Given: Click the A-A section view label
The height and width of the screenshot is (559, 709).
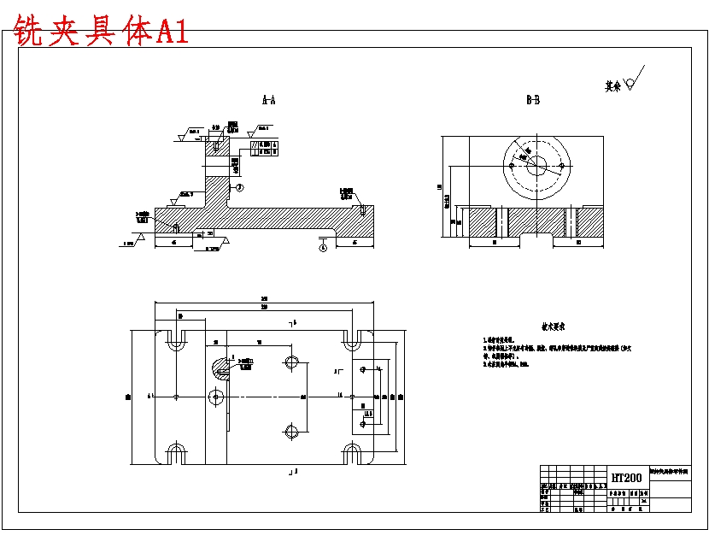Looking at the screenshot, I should (x=268, y=101).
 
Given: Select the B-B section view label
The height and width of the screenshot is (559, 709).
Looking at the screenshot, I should (x=532, y=101).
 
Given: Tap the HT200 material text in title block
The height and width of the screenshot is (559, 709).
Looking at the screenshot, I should (x=626, y=478).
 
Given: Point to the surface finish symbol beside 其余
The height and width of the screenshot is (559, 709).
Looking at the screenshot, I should (x=633, y=82).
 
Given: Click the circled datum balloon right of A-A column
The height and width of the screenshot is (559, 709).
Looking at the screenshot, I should (x=239, y=187).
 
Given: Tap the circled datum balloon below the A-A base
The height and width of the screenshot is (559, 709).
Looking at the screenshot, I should (x=323, y=248).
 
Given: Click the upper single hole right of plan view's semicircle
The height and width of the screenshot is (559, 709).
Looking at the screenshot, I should (x=291, y=362).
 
